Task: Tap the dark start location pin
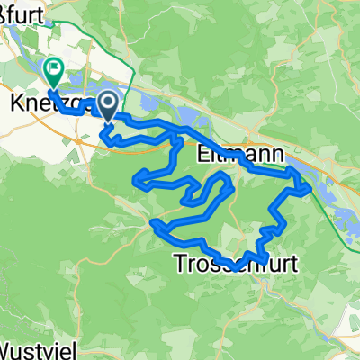107,106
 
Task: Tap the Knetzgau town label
40,105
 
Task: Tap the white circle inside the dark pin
107,103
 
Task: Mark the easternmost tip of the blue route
310,188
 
